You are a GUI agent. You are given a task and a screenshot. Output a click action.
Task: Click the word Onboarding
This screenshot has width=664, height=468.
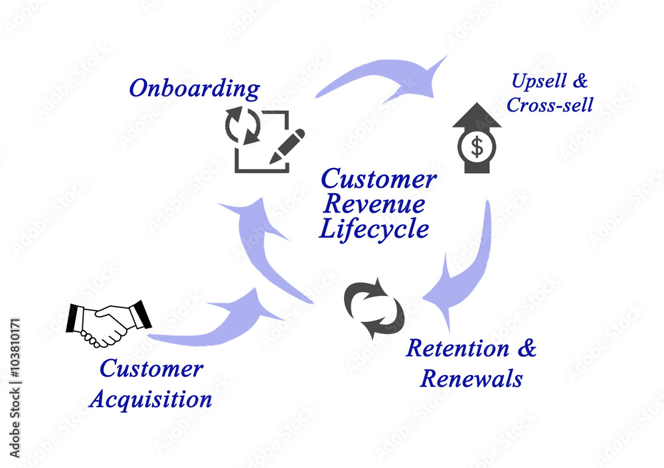pyautogui.click(x=194, y=88)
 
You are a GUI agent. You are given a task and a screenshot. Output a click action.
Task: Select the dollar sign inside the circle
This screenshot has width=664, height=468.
pyautogui.click(x=477, y=147)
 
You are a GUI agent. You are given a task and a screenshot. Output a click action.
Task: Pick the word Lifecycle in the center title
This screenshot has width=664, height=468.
pyautogui.click(x=374, y=229)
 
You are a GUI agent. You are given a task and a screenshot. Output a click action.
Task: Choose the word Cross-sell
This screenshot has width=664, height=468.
pyautogui.click(x=550, y=106)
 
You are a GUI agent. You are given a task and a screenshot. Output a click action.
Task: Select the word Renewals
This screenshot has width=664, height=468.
pyautogui.click(x=471, y=379)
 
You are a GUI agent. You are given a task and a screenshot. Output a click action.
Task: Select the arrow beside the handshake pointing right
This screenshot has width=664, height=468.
pyautogui.click(x=219, y=319)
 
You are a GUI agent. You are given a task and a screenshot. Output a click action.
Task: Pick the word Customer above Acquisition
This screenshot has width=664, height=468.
pyautogui.click(x=151, y=369)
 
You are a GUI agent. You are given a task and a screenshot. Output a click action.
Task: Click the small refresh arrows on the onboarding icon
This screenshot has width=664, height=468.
pyautogui.click(x=243, y=126)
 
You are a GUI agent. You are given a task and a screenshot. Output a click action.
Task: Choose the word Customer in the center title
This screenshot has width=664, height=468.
pyautogui.click(x=378, y=179)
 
